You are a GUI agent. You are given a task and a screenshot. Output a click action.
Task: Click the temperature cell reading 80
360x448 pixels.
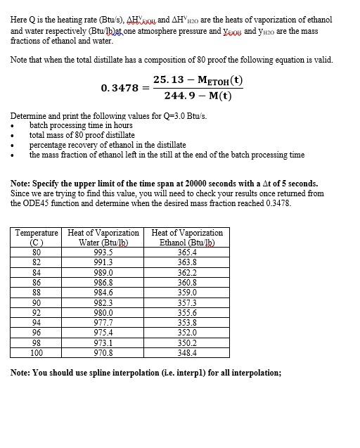pos(37,252)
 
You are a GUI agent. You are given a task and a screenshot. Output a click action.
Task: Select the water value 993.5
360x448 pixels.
pos(103,252)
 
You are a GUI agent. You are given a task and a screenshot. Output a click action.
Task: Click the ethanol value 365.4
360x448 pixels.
pos(187,252)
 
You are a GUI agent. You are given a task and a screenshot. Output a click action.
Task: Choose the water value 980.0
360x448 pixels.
pos(103,313)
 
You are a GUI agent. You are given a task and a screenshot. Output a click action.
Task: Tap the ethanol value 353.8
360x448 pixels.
pos(187,323)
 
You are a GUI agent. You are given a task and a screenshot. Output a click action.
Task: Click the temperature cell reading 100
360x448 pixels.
pos(37,353)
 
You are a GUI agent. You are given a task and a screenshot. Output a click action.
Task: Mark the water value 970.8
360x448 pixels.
pos(103,353)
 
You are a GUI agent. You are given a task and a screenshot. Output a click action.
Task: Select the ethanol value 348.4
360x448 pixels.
pos(187,353)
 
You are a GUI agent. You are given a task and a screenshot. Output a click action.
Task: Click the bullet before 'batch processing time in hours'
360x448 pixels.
pos(13,125)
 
